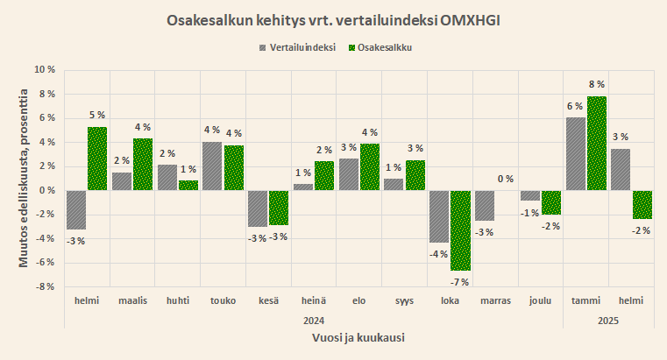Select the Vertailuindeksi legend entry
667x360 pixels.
point(303,47)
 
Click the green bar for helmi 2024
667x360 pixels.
point(97,159)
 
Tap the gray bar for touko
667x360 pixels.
point(213,166)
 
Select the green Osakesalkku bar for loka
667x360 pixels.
point(460,230)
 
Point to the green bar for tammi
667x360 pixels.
point(597,143)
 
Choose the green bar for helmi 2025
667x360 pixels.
point(642,204)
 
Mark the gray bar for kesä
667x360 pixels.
point(258,208)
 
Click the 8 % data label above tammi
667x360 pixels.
point(597,84)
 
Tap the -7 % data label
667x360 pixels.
point(460,282)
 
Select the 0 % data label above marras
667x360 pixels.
point(506,180)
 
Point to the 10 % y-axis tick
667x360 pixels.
point(44,69)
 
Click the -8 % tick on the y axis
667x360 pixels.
point(44,286)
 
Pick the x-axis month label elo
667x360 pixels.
point(359,300)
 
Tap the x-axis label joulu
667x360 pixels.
point(541,300)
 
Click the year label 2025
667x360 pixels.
point(609,321)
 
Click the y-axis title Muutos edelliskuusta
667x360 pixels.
point(25,178)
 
